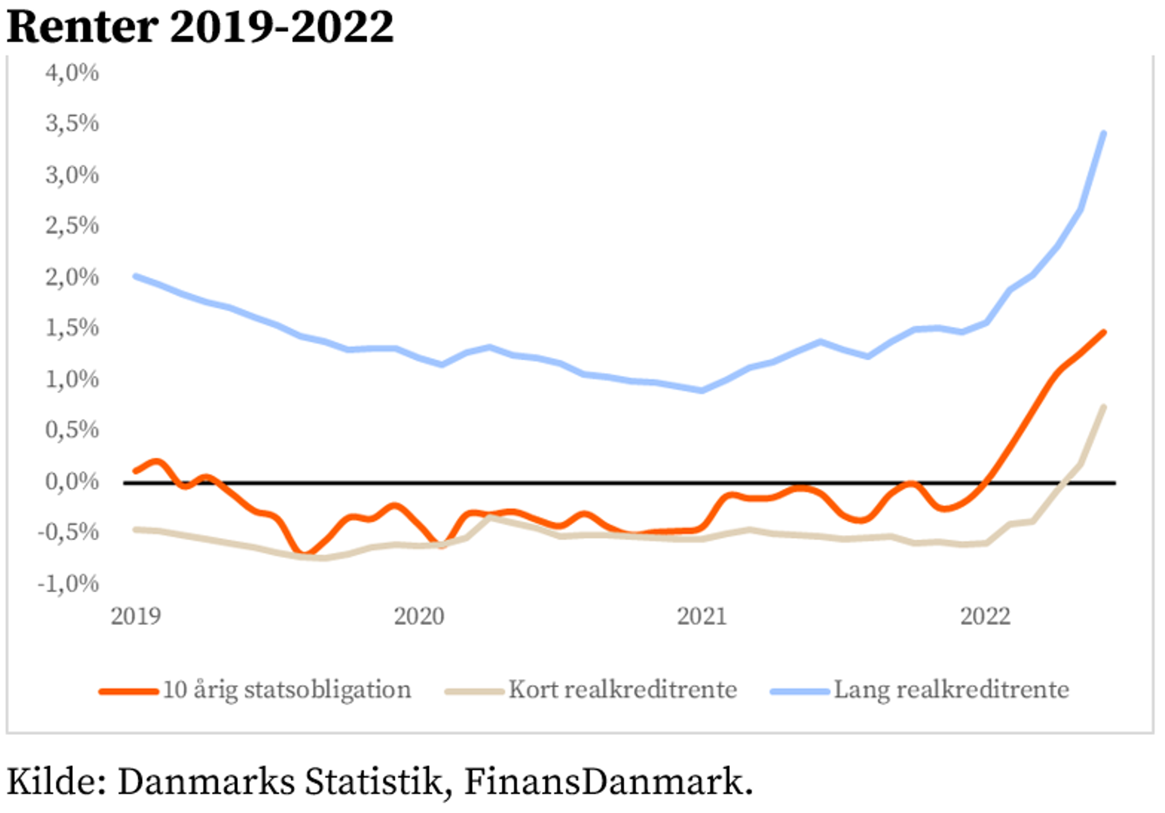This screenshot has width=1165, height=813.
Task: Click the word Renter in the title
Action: pos(83,27)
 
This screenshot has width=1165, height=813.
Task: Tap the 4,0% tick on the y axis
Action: pos(72,73)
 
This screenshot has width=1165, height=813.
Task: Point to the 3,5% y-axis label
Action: pos(72,124)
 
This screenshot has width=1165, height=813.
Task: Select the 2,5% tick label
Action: pos(72,226)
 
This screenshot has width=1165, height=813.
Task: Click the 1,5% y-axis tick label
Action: pos(72,328)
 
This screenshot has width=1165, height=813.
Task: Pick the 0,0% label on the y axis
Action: pos(72,482)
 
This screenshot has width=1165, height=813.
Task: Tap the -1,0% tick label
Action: pos(68,584)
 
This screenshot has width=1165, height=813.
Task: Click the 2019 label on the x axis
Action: pos(135,616)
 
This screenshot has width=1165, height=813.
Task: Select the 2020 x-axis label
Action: pos(419,616)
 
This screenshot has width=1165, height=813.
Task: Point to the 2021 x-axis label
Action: pos(701,616)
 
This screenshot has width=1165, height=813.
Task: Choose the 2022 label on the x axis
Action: pos(985,616)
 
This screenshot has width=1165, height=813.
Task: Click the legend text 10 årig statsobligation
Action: pos(286,690)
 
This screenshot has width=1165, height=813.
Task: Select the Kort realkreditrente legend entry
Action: pos(623,690)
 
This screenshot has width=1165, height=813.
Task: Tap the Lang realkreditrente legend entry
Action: pos(951,690)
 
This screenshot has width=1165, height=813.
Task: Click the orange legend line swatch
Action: pos(129,691)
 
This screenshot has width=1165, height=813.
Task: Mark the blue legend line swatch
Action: pos(800,691)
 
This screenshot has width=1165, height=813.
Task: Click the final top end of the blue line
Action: pos(1103,133)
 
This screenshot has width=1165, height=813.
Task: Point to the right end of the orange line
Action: pos(1103,332)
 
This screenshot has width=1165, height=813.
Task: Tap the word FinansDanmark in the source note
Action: pos(603,781)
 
